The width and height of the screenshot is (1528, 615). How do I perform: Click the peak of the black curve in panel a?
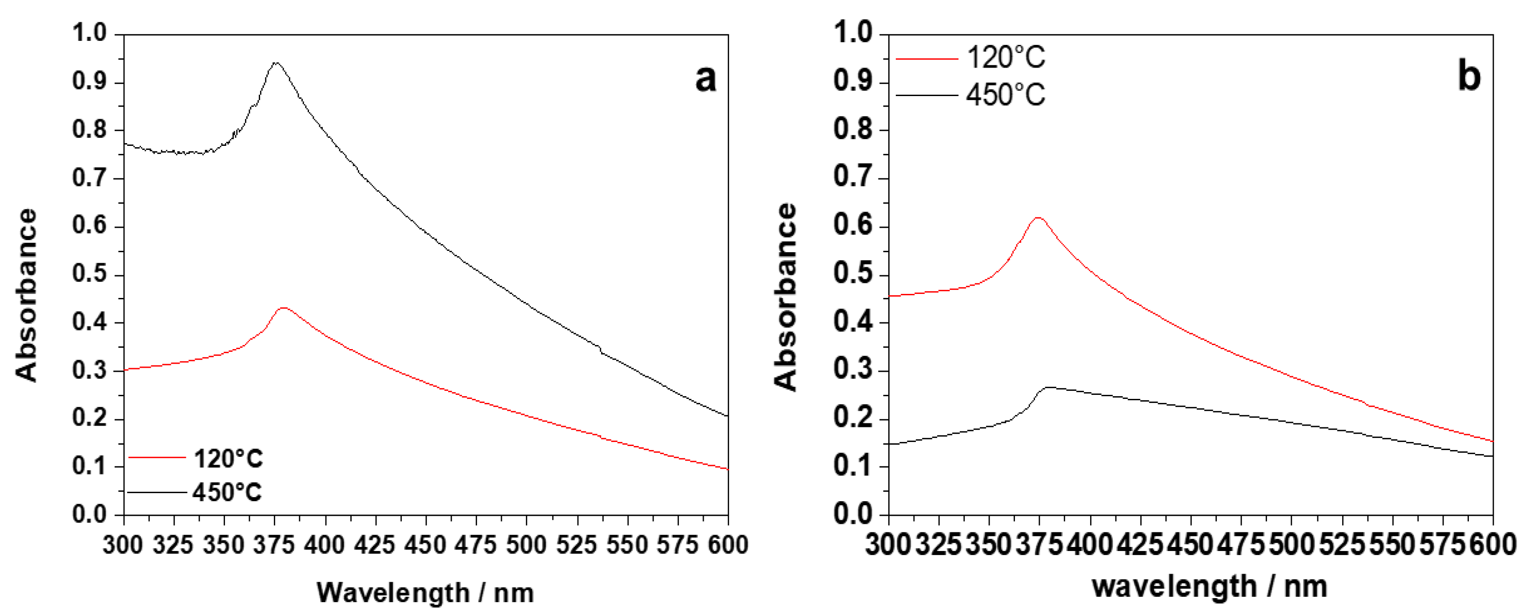(x=276, y=62)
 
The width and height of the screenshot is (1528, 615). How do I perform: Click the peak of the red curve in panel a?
(x=284, y=308)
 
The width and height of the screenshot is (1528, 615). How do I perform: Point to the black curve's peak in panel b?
(x=1049, y=387)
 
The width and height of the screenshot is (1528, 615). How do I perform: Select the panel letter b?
(x=1469, y=76)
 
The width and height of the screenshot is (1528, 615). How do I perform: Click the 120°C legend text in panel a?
(x=228, y=458)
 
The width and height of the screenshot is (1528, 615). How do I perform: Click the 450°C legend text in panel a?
(x=227, y=492)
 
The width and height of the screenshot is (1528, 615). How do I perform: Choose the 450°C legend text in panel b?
(x=1006, y=95)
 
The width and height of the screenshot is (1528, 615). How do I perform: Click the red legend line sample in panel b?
(x=926, y=59)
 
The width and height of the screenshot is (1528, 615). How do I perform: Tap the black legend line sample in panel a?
(x=156, y=492)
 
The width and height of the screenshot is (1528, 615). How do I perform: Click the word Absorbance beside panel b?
(x=786, y=297)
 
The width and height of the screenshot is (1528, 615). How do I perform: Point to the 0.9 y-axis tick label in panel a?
(x=89, y=81)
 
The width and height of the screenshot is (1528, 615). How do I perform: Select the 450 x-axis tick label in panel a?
(x=426, y=544)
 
